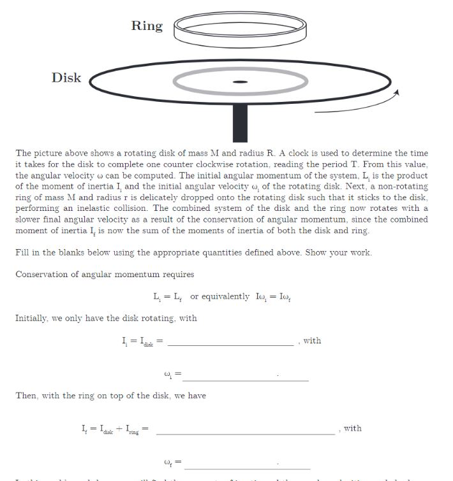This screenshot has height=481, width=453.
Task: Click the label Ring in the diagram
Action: pyautogui.click(x=147, y=25)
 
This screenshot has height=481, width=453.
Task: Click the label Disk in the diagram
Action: pyautogui.click(x=66, y=78)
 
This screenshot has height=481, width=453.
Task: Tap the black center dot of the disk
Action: pyautogui.click(x=240, y=82)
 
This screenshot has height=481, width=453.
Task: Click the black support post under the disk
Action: pyautogui.click(x=240, y=121)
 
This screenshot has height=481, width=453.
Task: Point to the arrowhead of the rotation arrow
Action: pyautogui.click(x=396, y=93)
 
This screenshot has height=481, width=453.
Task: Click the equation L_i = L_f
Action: pyautogui.click(x=167, y=297)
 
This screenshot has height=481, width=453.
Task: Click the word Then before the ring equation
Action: pyautogui.click(x=26, y=396)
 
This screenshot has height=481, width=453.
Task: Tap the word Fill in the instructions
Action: pyautogui.click(x=22, y=252)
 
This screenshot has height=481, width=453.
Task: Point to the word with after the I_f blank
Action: pyautogui.click(x=352, y=428)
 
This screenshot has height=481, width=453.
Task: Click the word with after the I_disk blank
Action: pyautogui.click(x=312, y=341)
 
